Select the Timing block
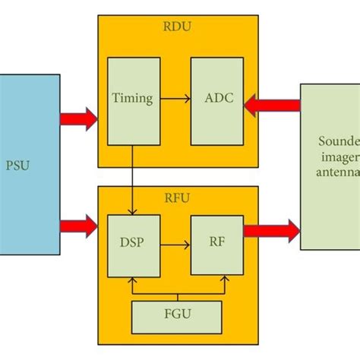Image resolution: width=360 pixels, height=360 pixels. [x=133, y=99]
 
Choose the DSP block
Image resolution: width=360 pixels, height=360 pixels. [x=133, y=245]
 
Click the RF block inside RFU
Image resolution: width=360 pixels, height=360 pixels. [x=216, y=245]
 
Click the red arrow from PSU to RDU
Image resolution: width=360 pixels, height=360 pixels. [x=78, y=118]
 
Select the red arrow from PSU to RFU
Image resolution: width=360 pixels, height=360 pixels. [x=78, y=223]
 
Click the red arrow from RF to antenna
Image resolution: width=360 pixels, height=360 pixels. [x=272, y=228]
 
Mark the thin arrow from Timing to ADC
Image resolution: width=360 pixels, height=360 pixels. [x=175, y=99]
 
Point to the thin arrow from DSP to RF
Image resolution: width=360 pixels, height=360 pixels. [x=175, y=245]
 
